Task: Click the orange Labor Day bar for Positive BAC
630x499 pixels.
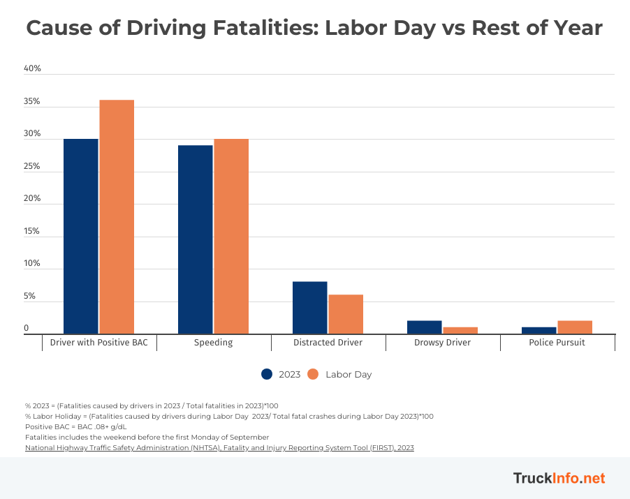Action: point(117,217)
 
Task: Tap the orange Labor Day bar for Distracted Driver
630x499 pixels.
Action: point(346,314)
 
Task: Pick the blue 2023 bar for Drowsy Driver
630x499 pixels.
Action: point(424,327)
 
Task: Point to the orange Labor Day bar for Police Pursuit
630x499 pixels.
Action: point(575,327)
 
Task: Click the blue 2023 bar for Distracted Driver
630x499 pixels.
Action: point(309,308)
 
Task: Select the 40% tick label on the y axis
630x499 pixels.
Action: point(33,69)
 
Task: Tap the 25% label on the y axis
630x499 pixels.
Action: point(33,167)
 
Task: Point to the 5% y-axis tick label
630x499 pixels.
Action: point(29,297)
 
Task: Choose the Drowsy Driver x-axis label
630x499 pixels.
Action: point(443,343)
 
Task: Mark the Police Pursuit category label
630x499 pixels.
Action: point(557,343)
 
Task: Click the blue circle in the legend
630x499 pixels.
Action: point(267,374)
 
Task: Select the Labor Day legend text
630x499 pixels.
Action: point(349,375)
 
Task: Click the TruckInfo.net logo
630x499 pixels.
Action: point(559,478)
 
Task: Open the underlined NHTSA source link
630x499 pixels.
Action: point(219,448)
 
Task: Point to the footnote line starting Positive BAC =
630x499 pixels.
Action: point(76,426)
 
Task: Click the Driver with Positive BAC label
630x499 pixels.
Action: point(99,343)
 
